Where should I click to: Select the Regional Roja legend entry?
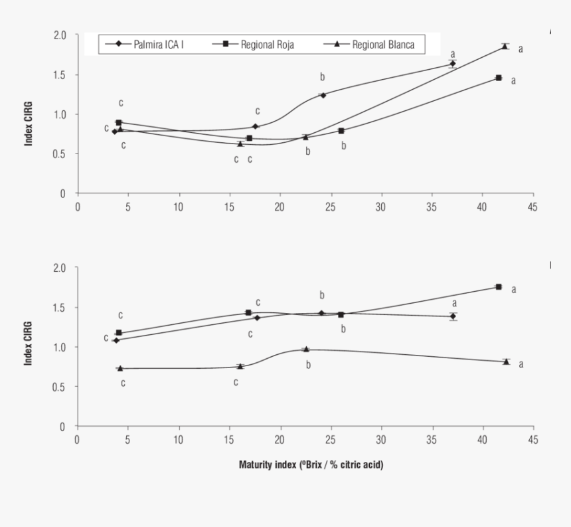click(x=258, y=45)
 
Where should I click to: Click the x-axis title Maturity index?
click(x=311, y=464)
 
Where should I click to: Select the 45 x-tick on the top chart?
click(x=532, y=206)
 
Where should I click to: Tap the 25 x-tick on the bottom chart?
click(x=330, y=439)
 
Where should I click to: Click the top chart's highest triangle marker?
click(x=505, y=47)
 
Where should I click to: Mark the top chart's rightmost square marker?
click(x=499, y=78)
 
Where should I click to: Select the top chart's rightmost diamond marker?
click(x=452, y=64)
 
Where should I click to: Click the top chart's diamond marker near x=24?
click(x=323, y=95)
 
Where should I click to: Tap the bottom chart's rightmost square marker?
click(x=499, y=286)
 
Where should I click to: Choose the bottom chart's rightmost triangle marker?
click(x=506, y=362)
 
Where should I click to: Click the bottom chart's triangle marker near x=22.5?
click(x=306, y=349)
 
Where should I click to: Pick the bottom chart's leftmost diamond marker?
click(x=116, y=340)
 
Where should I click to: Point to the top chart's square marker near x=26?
click(x=341, y=131)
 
